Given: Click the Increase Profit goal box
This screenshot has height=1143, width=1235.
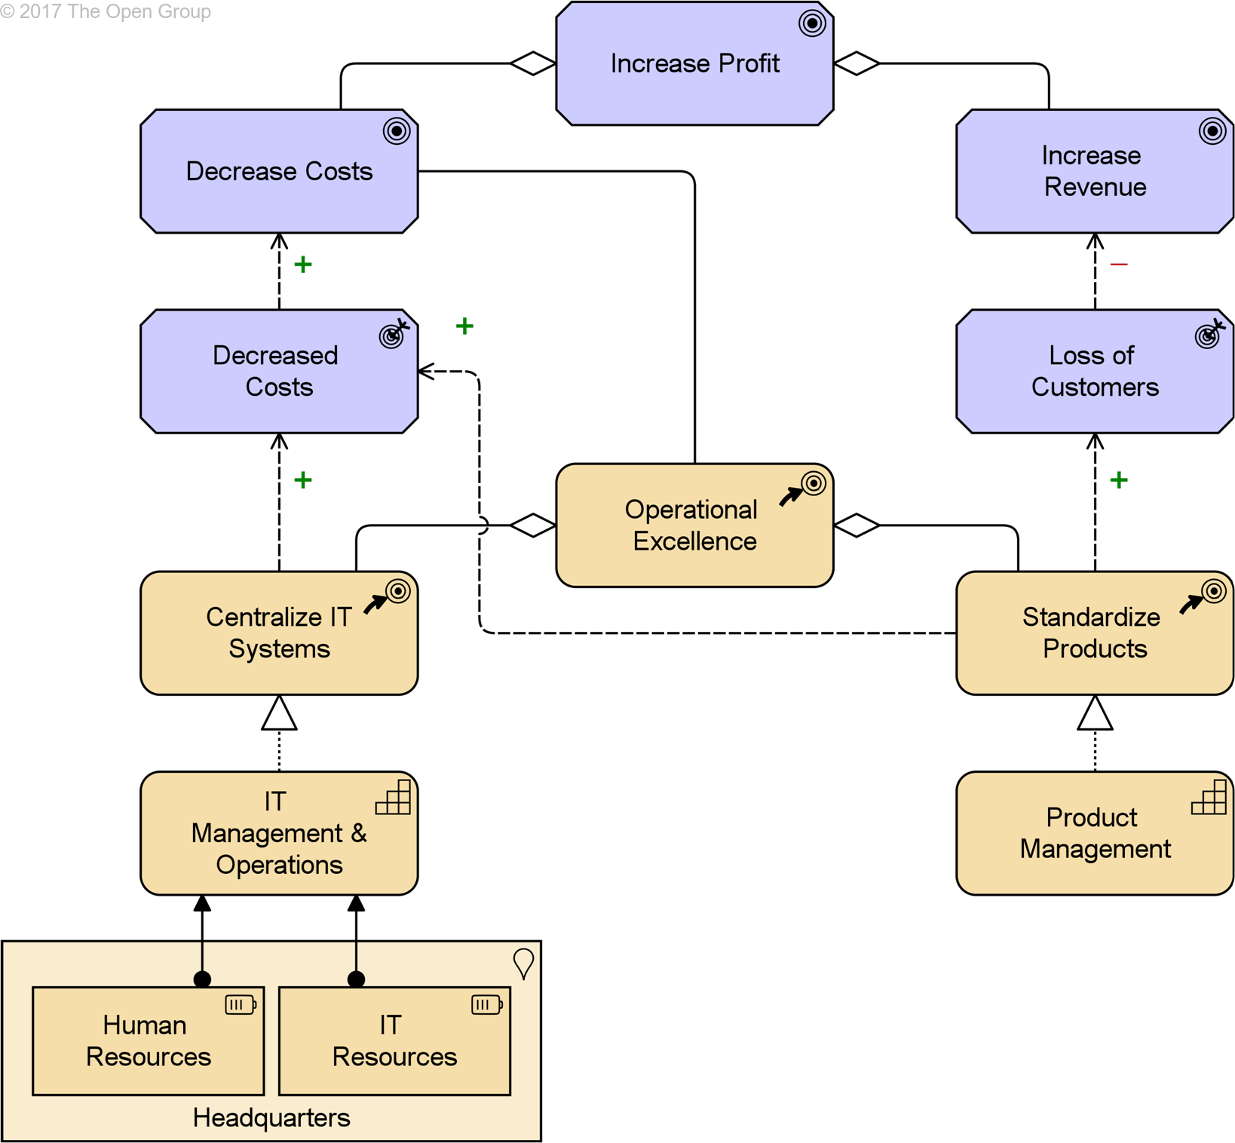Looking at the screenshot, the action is [x=694, y=63].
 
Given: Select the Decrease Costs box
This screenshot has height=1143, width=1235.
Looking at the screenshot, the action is [x=279, y=171].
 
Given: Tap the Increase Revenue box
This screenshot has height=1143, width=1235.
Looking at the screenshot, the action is [x=1095, y=171].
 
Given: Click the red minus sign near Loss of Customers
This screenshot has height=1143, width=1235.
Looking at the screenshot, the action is [x=1119, y=264].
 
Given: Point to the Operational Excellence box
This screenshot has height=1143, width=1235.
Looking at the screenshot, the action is [x=694, y=526].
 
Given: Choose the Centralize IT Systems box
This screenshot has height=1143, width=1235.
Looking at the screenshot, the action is [x=279, y=633].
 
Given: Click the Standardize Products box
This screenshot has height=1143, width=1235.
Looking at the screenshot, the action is [x=1095, y=633].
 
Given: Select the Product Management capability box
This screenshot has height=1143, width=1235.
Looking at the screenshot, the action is [x=1095, y=833].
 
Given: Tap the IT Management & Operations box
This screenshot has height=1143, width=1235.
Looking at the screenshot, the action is [x=279, y=833].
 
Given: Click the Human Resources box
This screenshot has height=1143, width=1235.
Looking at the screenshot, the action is [x=149, y=1040].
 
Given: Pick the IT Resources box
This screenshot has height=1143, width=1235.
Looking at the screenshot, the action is [x=394, y=1040].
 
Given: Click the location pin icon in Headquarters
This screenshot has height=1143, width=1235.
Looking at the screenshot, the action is [x=523, y=963].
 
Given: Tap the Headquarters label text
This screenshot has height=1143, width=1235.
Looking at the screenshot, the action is [x=271, y=1117].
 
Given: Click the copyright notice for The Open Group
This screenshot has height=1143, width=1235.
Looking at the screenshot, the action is [x=106, y=11].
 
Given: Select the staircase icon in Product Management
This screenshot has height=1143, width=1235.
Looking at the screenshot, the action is [x=1209, y=797].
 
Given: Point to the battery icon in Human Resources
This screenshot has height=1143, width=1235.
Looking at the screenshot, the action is [x=241, y=1004].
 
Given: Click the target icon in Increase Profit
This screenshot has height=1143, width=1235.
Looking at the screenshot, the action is [x=812, y=23].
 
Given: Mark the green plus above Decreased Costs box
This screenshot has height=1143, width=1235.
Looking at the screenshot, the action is [x=303, y=265].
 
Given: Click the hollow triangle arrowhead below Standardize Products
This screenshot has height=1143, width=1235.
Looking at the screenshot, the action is [x=1095, y=712].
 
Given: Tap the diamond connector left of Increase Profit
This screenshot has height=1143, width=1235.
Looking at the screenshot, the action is [x=533, y=63].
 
